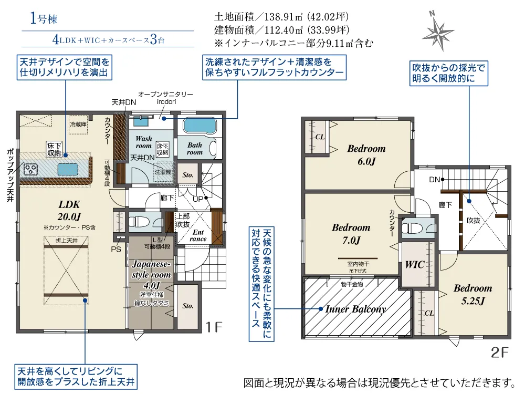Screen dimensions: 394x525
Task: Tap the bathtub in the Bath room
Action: (199, 127)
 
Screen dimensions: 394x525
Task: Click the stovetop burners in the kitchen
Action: (29, 169)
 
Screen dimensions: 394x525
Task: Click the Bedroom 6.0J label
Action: (366, 155)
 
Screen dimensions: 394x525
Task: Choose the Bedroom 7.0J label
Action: (351, 234)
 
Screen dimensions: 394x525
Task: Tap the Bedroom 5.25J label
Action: (472, 294)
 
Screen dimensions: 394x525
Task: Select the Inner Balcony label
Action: (355, 309)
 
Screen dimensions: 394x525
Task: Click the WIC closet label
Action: (415, 265)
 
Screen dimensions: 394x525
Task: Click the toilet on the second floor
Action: (413, 227)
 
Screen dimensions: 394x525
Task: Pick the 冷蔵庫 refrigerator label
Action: (79, 125)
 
